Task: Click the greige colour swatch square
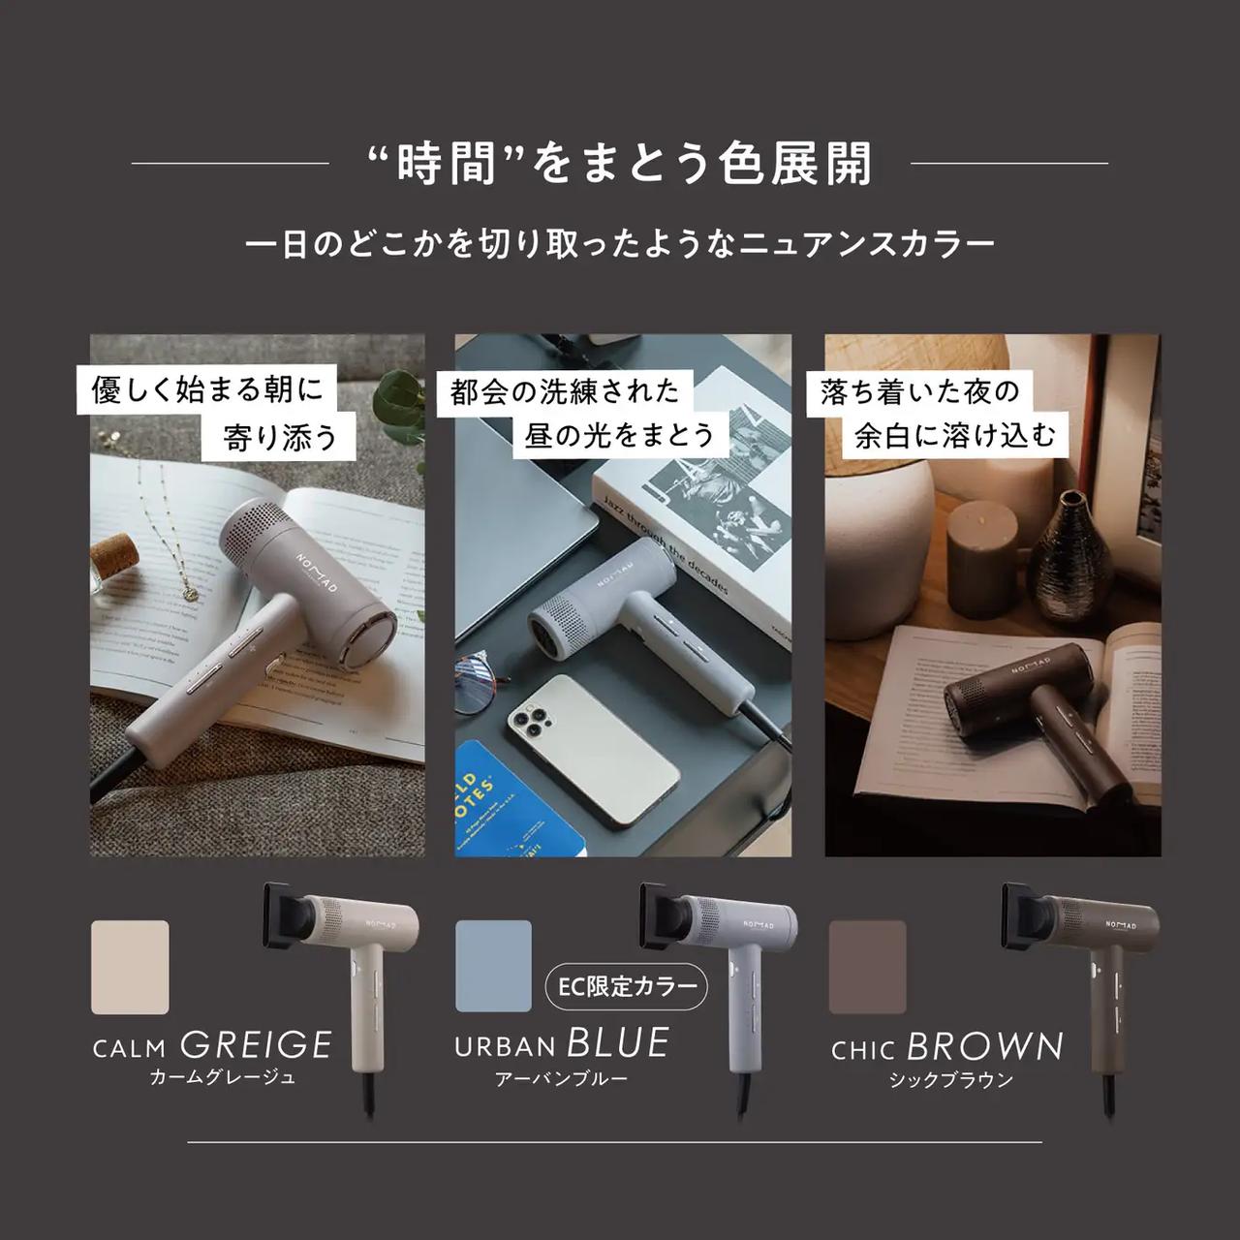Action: [130, 967]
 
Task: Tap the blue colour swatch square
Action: [493, 965]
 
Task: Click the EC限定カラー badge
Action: [628, 986]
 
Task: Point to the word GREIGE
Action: [257, 1044]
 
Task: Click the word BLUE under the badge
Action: [618, 1043]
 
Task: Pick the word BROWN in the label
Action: [985, 1047]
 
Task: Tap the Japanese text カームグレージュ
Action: [222, 1077]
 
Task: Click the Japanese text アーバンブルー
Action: [561, 1078]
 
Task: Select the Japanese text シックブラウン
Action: [950, 1080]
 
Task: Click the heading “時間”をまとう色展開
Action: [621, 163]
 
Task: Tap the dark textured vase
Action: [1069, 557]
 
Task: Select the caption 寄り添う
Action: [281, 437]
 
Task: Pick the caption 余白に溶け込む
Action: [954, 435]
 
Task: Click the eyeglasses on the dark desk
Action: [480, 678]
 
